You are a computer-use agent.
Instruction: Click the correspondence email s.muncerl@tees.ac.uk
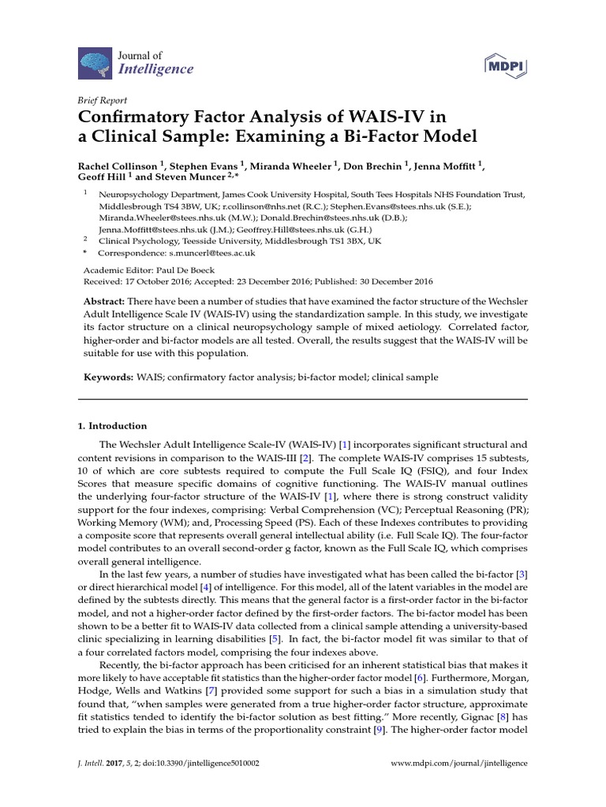(211, 254)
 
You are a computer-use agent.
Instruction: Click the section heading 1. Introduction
(112, 426)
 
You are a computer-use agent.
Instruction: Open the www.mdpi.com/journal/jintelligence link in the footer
(459, 764)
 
